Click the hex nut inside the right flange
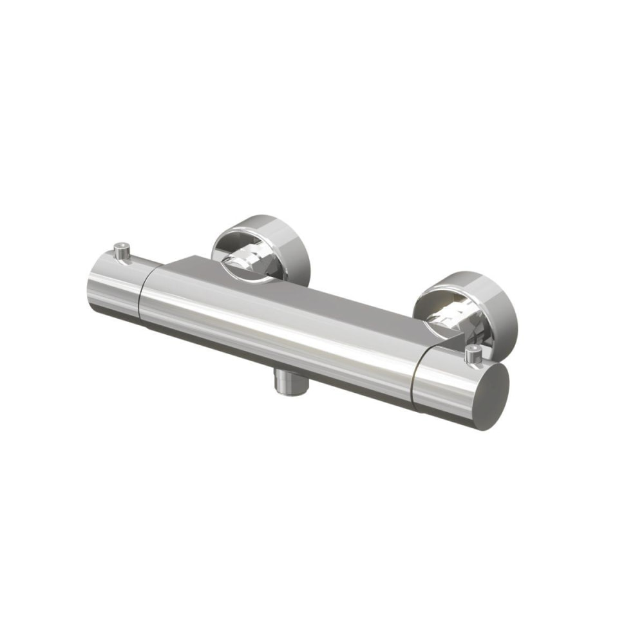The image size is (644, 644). (451, 316)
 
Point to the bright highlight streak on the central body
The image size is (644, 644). (277, 322)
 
